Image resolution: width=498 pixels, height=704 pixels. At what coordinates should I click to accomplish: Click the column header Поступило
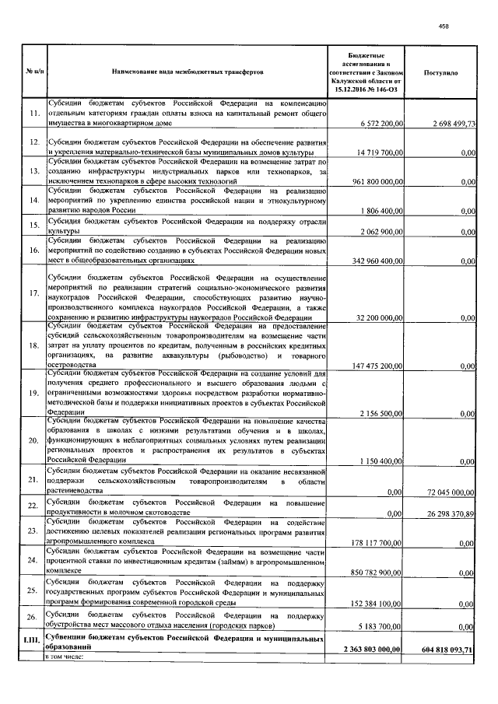(440, 72)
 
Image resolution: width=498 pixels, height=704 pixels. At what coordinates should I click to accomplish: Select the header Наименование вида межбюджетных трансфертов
(188, 72)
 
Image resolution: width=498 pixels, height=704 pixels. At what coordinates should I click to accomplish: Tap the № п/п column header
(33, 72)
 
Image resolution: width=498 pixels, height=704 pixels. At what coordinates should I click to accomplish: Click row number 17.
(33, 294)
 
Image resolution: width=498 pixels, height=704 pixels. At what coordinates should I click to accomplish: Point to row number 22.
(33, 506)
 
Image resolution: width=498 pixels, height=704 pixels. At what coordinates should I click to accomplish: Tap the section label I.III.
(33, 641)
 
